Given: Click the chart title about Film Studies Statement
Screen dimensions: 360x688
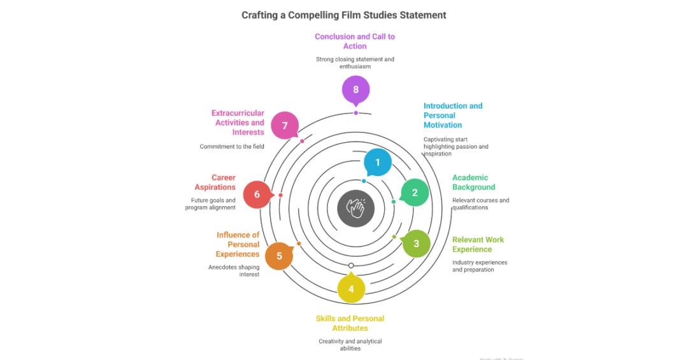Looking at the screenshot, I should [x=343, y=15].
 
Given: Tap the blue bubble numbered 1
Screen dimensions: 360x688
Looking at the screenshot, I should [x=378, y=162].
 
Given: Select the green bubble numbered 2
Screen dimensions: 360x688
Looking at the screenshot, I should [x=415, y=192].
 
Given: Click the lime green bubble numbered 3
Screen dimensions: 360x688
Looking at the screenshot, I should [x=416, y=243].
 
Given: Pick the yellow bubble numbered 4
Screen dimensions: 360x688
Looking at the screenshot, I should [x=351, y=289].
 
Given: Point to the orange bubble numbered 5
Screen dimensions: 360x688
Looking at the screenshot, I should [x=279, y=256].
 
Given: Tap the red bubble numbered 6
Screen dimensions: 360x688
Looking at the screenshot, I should [x=257, y=194].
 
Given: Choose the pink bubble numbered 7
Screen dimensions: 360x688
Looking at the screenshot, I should [x=285, y=126].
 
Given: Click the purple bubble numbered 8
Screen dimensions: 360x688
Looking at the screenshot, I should [x=355, y=90].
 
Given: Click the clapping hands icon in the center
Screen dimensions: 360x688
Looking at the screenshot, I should [x=355, y=208].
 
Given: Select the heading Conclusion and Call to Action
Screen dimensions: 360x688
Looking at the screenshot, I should [x=355, y=41].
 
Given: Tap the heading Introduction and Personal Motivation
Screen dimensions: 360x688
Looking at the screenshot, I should [x=453, y=115].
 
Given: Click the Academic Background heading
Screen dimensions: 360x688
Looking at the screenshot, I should [x=473, y=182].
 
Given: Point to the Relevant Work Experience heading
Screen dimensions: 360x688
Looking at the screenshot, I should [x=478, y=245].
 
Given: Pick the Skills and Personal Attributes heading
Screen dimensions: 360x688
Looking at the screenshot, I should [x=350, y=323].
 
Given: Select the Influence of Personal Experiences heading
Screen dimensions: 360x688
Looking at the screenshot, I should [x=237, y=245].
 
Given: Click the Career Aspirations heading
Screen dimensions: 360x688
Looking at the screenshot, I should [x=215, y=182].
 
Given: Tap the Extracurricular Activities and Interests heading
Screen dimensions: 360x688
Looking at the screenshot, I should [x=238, y=122].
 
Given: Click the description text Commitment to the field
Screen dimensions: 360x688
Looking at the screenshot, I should [x=232, y=147].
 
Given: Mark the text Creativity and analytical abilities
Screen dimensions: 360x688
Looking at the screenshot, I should [x=350, y=345].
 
